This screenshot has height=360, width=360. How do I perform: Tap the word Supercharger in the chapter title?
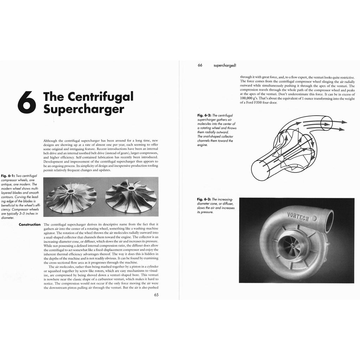point(84,109)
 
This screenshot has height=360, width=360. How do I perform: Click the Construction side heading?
point(30,224)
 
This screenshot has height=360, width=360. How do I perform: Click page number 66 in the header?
point(200,65)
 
